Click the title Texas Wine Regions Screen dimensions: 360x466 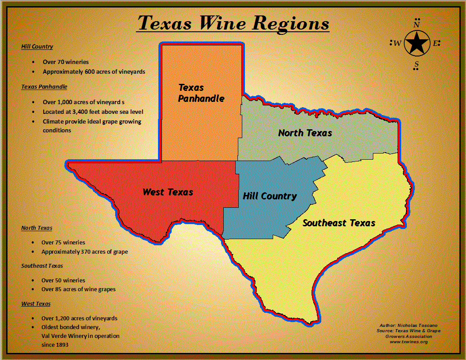(233, 23)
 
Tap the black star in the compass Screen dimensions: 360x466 (417, 43)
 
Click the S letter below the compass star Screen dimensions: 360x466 (416, 65)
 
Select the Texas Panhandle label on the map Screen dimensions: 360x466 (201, 93)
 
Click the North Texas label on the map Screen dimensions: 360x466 (305, 132)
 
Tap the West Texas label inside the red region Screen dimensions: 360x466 (168, 192)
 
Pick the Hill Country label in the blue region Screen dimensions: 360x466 (270, 196)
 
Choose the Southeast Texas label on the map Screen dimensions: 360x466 (339, 223)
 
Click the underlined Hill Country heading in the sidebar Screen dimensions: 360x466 (37, 46)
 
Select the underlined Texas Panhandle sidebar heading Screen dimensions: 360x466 (44, 86)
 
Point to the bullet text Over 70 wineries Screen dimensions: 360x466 (65, 62)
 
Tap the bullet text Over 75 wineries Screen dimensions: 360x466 (63, 242)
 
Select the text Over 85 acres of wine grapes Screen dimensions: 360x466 (79, 289)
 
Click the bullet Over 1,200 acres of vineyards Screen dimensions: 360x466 (79, 318)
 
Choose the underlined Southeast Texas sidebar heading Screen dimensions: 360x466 (42, 266)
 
